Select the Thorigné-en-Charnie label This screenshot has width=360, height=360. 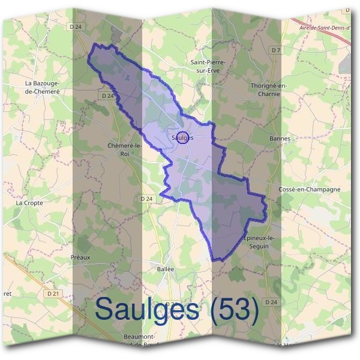[269, 89]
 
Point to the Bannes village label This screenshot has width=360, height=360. [280, 139]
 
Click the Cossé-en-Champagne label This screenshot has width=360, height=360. [310, 189]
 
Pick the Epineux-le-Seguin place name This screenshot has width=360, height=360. [260, 242]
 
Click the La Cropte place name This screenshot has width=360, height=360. [29, 203]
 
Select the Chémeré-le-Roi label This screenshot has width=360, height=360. [124, 149]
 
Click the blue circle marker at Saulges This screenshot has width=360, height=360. [184, 137]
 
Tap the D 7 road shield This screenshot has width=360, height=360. [276, 50]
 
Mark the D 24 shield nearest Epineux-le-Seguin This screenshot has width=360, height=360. [272, 301]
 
